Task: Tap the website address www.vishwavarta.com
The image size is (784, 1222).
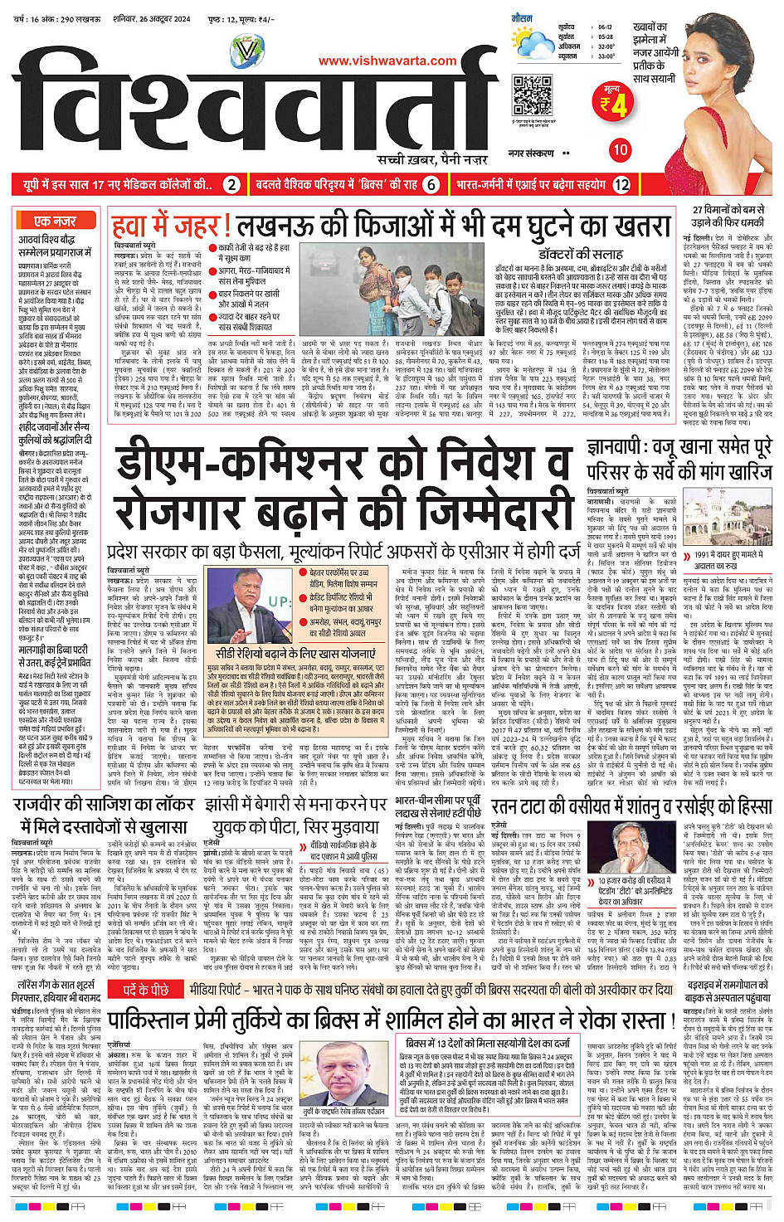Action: coord(387,60)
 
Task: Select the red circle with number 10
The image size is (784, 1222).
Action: coord(620,150)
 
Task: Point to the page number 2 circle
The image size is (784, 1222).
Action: coord(232,185)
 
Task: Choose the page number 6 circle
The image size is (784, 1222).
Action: coord(431,185)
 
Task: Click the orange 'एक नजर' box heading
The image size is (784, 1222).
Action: coord(56,221)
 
